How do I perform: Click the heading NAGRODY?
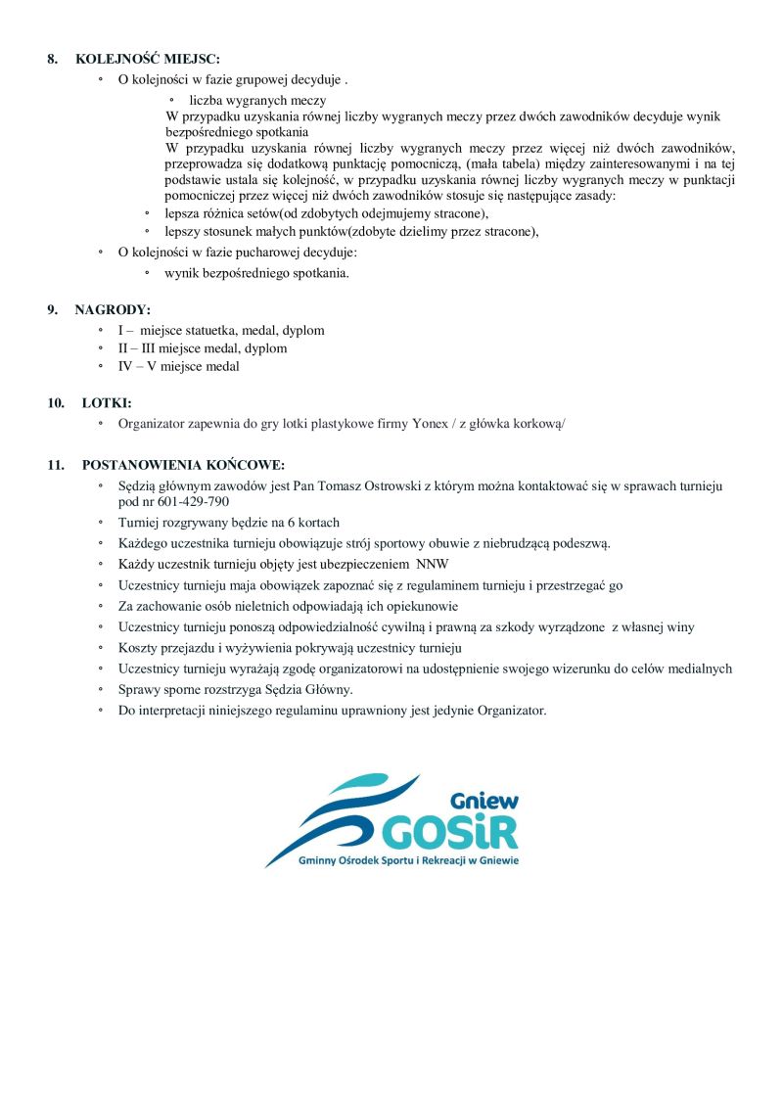(113, 310)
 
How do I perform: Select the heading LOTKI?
(107, 402)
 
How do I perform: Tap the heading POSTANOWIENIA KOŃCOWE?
(183, 464)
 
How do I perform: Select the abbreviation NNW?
(432, 565)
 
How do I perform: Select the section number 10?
(55, 402)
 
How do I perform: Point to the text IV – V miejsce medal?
(178, 367)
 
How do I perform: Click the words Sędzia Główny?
(293, 691)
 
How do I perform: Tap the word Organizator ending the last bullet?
(511, 711)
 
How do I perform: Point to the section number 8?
(52, 60)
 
